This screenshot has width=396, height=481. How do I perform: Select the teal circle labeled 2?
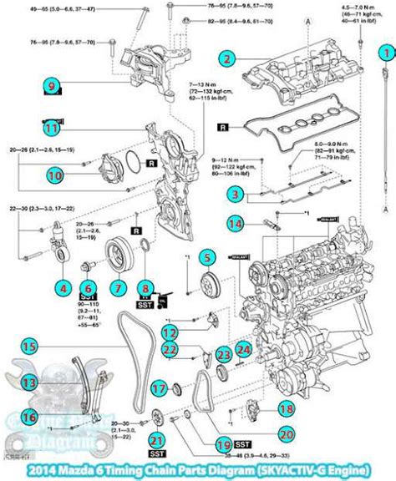pos(226,58)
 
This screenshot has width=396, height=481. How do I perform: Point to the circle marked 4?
pos(62,286)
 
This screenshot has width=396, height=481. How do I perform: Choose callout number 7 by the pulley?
pos(118,286)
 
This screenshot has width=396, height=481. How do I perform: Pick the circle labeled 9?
pos(51,84)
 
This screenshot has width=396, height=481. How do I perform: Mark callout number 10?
pos(55,175)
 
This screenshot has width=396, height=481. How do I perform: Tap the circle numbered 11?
pos(51,128)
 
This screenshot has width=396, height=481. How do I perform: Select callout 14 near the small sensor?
pos(236,224)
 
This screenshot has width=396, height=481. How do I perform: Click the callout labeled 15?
pos(29,345)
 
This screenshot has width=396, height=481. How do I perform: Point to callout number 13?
pos(29,382)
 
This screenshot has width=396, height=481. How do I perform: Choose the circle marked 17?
pos(157,388)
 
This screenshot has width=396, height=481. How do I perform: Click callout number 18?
pos(286,409)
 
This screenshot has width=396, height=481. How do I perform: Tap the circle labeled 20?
pos(285,433)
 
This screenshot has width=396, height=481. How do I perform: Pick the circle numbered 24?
pos(243,348)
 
